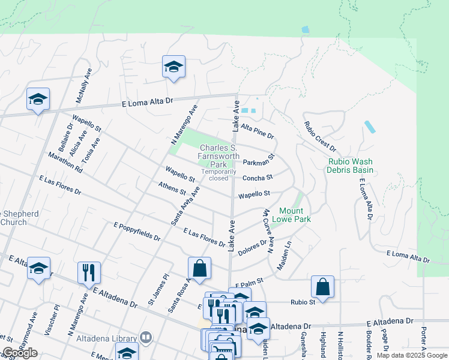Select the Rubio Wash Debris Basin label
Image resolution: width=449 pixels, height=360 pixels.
click(x=350, y=166)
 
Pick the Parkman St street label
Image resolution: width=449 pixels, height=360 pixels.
click(x=258, y=160)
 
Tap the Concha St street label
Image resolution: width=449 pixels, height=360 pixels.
click(x=258, y=178)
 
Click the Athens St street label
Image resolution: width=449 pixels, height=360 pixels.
click(x=172, y=189)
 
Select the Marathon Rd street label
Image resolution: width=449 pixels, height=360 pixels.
click(x=65, y=161)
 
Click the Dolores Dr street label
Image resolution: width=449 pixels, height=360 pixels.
click(x=252, y=248)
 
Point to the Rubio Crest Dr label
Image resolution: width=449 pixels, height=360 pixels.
click(x=320, y=137)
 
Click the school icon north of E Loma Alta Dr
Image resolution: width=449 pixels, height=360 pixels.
click(x=173, y=67)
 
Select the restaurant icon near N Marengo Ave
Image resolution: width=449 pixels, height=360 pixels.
click(x=89, y=272)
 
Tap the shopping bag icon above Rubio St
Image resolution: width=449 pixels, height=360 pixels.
click(x=322, y=287)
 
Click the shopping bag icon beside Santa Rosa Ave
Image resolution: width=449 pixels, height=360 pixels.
click(x=199, y=268)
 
